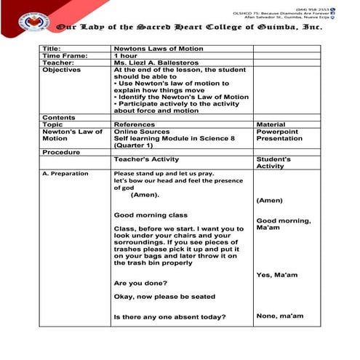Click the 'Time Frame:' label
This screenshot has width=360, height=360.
tap(65, 55)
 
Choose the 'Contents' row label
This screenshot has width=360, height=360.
tap(58, 117)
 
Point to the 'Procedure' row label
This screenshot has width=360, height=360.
tap(60, 152)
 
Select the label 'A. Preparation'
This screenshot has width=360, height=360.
tap(65, 174)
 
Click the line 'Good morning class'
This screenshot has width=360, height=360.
tap(151, 215)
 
